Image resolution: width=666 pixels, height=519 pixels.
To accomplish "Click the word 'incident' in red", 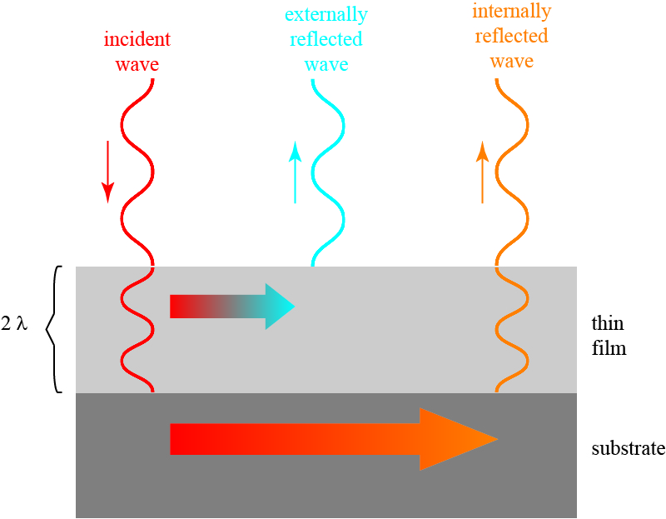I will point(137,40).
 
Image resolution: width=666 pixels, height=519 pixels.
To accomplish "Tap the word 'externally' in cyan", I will point(326,15).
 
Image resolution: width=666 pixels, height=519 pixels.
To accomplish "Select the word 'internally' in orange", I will point(511,12).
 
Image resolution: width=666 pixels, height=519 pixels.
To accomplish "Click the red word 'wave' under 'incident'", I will point(137,63).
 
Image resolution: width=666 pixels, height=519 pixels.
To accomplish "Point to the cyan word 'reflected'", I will point(326,39).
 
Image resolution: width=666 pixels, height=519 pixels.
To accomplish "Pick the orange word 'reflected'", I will point(511,36).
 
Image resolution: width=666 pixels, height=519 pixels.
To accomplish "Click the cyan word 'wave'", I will point(326,64).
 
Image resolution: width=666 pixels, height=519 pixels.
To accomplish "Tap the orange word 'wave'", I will point(511,62).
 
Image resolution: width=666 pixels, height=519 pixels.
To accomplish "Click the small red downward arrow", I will point(107,172).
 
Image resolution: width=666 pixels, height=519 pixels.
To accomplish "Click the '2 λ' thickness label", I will point(15,324).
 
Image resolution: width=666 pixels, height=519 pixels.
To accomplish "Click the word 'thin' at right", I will point(608,323).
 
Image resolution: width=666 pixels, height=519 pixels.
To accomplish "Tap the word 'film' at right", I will point(608,347).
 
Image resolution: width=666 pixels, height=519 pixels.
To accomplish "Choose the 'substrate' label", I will point(628,448).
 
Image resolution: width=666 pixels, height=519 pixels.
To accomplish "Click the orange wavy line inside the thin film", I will point(513,329).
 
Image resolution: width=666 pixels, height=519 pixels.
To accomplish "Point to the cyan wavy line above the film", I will point(328,175).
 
